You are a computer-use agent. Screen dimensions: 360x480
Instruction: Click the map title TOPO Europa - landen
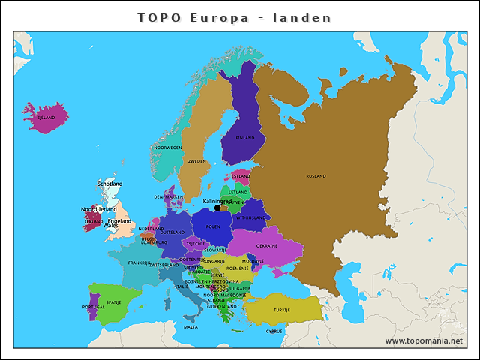pyautogui.click(x=235, y=17)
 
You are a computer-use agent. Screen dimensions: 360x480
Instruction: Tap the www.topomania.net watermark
pyautogui.click(x=424, y=340)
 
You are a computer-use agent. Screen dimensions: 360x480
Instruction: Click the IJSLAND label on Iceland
pyautogui.click(x=46, y=118)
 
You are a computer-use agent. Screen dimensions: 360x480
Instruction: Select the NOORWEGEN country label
pyautogui.click(x=168, y=148)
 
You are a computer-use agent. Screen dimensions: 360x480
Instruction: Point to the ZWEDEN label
pyautogui.click(x=197, y=161)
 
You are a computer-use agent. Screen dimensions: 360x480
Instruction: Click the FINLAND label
pyautogui.click(x=245, y=138)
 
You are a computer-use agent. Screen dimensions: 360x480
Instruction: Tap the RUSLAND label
pyautogui.click(x=316, y=176)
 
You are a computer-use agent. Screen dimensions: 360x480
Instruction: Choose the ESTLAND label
pyautogui.click(x=241, y=176)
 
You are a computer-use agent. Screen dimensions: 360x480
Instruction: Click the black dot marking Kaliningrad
pyautogui.click(x=217, y=208)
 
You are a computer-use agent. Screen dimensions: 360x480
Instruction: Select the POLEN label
pyautogui.click(x=214, y=226)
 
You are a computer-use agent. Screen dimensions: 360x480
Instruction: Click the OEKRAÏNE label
pyautogui.click(x=267, y=245)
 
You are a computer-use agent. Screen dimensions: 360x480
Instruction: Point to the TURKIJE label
pyautogui.click(x=281, y=309)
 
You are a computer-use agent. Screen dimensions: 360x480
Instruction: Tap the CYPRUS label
pyautogui.click(x=274, y=331)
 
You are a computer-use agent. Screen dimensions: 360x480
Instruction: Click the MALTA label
pyautogui.click(x=191, y=327)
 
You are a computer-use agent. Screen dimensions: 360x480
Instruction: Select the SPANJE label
pyautogui.click(x=113, y=302)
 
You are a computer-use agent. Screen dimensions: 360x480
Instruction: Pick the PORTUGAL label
pyautogui.click(x=94, y=307)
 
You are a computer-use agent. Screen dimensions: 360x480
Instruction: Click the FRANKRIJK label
pyautogui.click(x=139, y=262)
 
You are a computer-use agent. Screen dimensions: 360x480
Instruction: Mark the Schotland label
pyautogui.click(x=109, y=184)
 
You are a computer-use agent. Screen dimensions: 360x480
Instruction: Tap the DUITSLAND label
pyautogui.click(x=172, y=232)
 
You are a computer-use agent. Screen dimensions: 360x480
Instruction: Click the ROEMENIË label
pyautogui.click(x=238, y=268)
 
